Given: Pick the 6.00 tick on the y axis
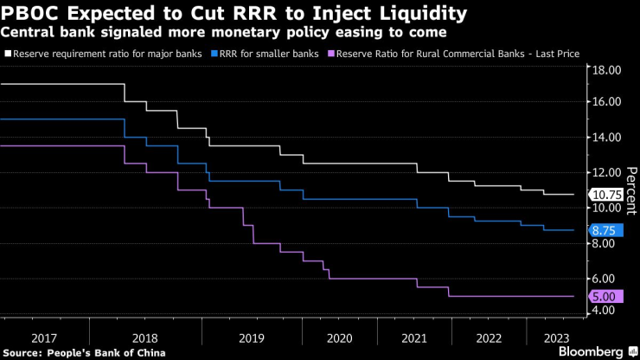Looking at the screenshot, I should coord(605,279).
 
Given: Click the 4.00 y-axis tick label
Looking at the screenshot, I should coord(605,310).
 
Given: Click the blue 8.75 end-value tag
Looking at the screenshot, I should coord(605,230).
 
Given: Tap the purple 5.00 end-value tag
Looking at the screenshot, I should coord(605,297).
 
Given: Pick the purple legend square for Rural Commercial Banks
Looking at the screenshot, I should coord(331,54).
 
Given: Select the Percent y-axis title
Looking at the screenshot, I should coord(630,189).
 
